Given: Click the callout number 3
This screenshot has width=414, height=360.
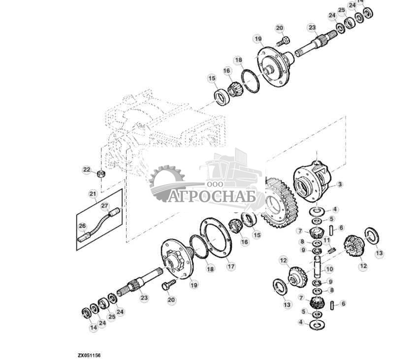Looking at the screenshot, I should coord(339,185).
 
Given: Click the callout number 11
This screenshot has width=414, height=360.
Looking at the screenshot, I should coord(325,240).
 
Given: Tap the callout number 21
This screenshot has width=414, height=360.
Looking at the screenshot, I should coord(93,194).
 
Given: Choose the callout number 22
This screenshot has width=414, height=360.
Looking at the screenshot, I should coord(87,170).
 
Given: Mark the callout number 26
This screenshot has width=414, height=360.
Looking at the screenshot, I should coord(82,227).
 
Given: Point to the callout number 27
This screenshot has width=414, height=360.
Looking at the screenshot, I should coord(104,205).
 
